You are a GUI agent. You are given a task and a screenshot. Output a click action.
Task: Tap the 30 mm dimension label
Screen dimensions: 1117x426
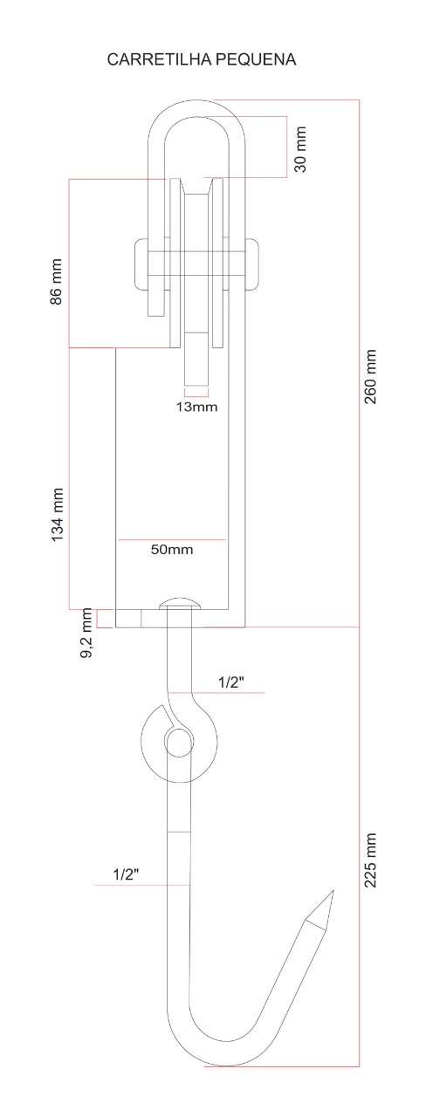300,150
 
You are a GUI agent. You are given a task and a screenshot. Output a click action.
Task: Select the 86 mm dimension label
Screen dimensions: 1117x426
57,281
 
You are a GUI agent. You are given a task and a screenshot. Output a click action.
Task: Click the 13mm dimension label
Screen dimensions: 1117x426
196,407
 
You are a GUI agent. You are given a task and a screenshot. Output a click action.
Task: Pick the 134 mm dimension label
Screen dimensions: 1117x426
58,515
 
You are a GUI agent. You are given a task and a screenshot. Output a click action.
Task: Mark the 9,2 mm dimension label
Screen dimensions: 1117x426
87,634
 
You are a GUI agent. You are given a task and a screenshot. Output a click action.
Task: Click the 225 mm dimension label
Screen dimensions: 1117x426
370,860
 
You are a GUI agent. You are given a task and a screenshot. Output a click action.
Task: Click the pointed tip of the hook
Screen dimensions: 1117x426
331,894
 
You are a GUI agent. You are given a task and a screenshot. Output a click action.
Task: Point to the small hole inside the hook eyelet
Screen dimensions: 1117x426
177,743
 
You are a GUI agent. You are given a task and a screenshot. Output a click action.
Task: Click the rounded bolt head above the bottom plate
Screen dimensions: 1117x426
181,603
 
